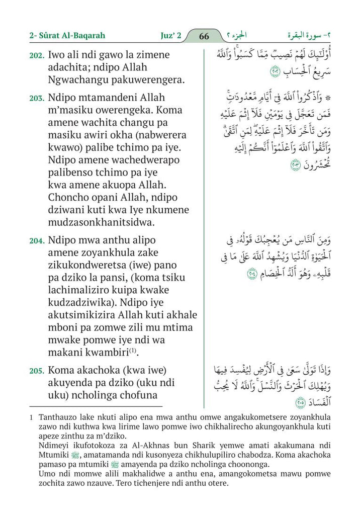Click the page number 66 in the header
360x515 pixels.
pos(204,36)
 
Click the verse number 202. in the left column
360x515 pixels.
pos(37,55)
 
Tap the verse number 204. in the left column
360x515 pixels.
pos(37,241)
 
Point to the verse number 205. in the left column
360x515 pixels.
pos(37,371)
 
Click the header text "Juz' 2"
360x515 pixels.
pos(167,36)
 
